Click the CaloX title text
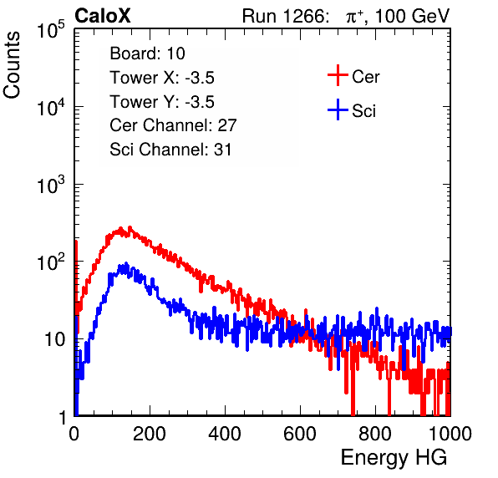tap(102, 16)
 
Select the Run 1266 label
tap(285, 16)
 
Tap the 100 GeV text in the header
tap(413, 16)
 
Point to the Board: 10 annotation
tap(147, 53)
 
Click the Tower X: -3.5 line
tap(162, 78)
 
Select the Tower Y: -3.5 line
tap(162, 102)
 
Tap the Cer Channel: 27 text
tap(173, 125)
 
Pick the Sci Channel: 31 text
tap(170, 150)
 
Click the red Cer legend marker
tap(338, 75)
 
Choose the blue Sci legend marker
tap(338, 109)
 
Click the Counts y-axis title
tap(12, 65)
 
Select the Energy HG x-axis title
tap(394, 458)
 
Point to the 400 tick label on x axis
tap(225, 434)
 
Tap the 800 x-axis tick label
tap(375, 434)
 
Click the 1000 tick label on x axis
tap(450, 434)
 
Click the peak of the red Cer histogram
tap(130, 227)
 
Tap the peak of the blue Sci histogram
tap(126, 263)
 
